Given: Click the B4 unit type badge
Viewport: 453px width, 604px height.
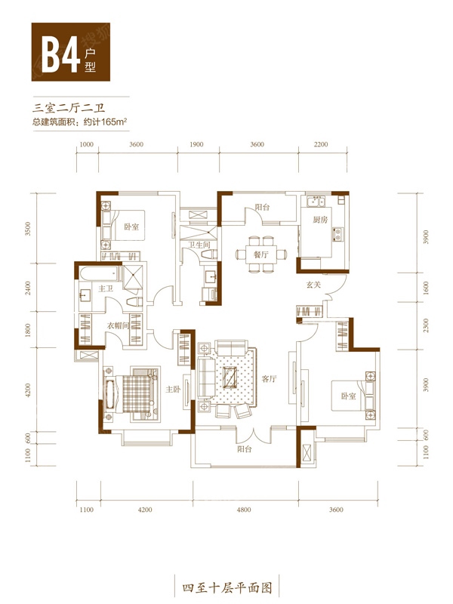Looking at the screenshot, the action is [71, 51].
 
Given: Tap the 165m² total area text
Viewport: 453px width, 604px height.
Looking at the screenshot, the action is [115, 122].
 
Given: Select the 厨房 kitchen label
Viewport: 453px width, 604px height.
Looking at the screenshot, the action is [320, 220].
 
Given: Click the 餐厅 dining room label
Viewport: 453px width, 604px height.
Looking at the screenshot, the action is [260, 254].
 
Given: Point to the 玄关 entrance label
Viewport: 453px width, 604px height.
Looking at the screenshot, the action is [313, 285].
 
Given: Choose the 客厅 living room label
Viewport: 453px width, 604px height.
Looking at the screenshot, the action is [269, 379].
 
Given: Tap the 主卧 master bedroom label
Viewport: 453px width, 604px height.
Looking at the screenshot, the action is [173, 389].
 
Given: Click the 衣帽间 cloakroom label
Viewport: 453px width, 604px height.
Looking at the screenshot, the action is [118, 326].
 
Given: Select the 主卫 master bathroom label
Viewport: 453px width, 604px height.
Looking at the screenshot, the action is [106, 288].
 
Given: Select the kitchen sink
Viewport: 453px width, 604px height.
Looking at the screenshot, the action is [316, 200].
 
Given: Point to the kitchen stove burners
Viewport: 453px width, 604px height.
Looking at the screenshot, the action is [337, 234].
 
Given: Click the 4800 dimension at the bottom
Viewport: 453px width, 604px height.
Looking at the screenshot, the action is [244, 510].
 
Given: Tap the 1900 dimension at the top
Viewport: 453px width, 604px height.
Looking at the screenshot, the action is [196, 144].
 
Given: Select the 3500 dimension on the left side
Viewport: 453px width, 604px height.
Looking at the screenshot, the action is [27, 229].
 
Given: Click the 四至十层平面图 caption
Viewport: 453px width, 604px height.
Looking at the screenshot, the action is [227, 588].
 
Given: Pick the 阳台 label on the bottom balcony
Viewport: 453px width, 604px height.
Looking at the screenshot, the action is [244, 449].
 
